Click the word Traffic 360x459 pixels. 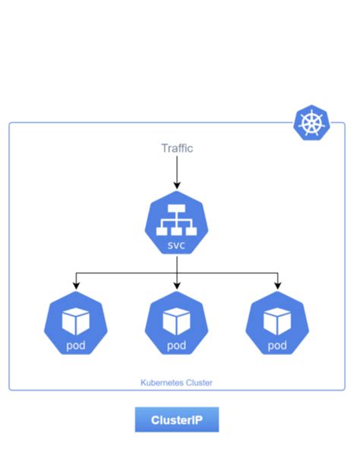177,148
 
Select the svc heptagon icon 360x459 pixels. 177,223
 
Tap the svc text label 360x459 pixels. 177,247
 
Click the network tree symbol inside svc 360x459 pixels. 177,219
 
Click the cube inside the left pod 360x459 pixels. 76,320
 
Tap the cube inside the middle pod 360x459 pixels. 177,320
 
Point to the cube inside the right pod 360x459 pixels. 277,320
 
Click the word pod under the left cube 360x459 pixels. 76,346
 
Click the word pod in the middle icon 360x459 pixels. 177,346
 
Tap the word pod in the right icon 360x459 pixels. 277,346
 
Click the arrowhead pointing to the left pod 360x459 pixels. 76,285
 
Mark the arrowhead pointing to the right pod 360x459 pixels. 277,285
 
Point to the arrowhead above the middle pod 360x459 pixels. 177,285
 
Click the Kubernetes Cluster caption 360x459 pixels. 177,383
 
